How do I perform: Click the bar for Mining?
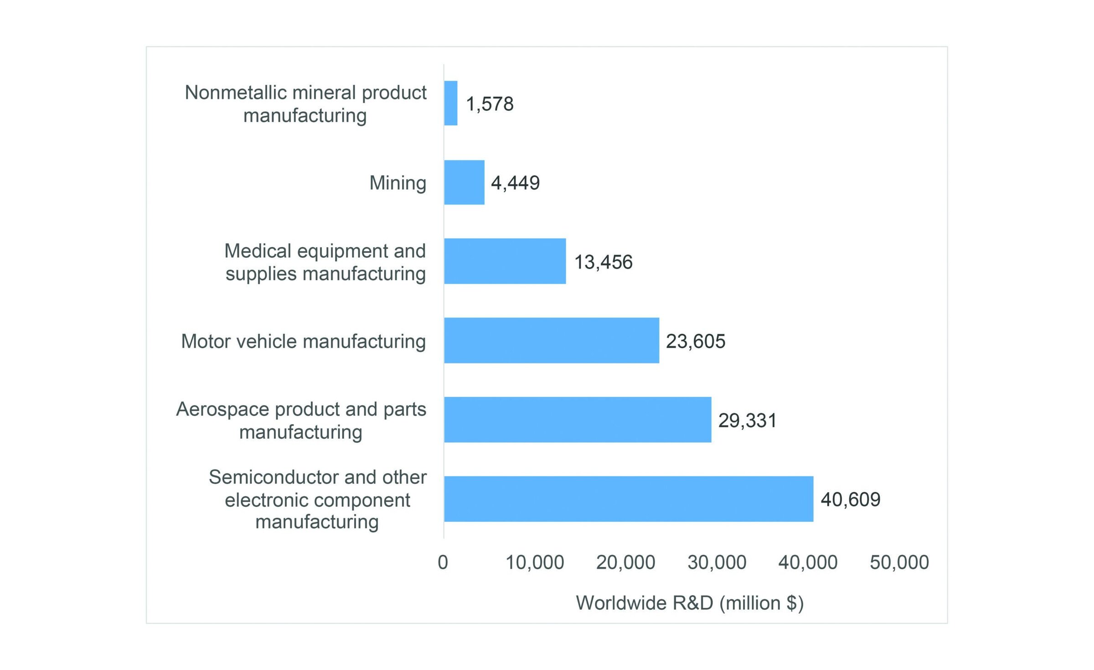(x=464, y=182)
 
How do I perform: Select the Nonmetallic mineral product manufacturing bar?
(x=451, y=103)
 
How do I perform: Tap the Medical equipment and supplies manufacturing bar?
(x=505, y=261)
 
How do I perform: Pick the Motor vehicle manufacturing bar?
(x=551, y=341)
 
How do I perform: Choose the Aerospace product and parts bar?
(x=577, y=420)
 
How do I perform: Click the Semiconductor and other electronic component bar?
(x=628, y=499)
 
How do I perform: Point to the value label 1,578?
(x=490, y=104)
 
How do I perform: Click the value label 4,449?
(x=515, y=183)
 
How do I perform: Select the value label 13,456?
(x=603, y=262)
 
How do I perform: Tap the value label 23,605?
(x=695, y=341)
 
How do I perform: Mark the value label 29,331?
(x=747, y=421)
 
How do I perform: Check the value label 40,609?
(x=850, y=499)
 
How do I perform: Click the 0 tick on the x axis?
(x=443, y=562)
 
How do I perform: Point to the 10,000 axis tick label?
(x=535, y=562)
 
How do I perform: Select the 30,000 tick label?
(x=717, y=562)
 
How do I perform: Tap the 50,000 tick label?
(x=899, y=562)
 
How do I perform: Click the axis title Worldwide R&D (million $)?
(x=689, y=603)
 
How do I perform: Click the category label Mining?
(x=397, y=183)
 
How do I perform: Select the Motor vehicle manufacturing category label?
(x=303, y=341)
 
